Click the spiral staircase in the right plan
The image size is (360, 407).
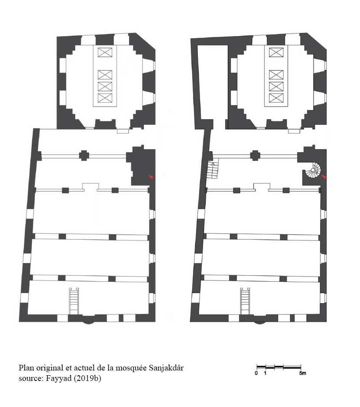pyautogui.click(x=313, y=170)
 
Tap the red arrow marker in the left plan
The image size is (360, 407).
pyautogui.click(x=151, y=177)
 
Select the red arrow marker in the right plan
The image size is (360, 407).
pyautogui.click(x=324, y=177)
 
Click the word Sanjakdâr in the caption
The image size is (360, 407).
pyautogui.click(x=167, y=368)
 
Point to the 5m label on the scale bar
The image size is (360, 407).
pyautogui.click(x=303, y=373)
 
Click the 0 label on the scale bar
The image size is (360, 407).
pyautogui.click(x=257, y=373)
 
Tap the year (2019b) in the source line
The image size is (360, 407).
pyautogui.click(x=87, y=378)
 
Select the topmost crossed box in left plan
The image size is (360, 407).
pyautogui.click(x=105, y=53)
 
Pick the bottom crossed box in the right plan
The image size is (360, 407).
pyautogui.click(x=276, y=98)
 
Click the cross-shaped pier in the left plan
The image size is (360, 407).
pyautogui.click(x=84, y=156)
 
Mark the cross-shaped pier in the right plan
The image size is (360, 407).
pyautogui.click(x=255, y=156)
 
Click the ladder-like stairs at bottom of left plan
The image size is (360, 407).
pyautogui.click(x=74, y=301)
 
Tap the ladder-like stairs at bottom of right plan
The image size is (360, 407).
pyautogui.click(x=245, y=301)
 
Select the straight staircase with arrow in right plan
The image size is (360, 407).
pyautogui.click(x=213, y=169)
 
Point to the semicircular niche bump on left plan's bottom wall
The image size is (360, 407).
pyautogui.click(x=89, y=322)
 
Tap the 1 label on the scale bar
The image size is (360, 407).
pyautogui.click(x=265, y=373)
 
